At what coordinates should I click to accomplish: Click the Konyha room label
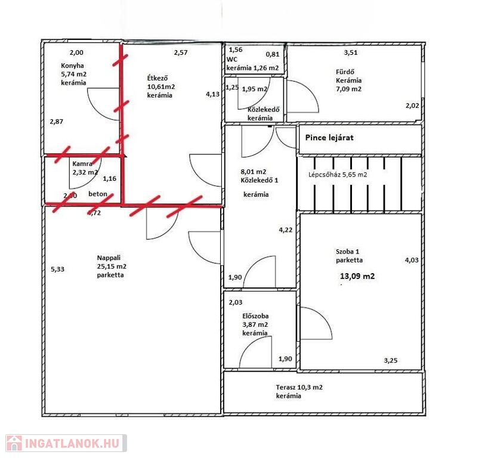click(72, 66)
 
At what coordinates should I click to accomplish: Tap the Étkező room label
click(158, 78)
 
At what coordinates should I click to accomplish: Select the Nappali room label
click(109, 258)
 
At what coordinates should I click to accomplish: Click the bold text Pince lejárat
click(329, 138)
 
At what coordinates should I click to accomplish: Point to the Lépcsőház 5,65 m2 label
click(338, 175)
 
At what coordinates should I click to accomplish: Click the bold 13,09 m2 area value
click(357, 276)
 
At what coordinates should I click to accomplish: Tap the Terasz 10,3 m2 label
click(300, 388)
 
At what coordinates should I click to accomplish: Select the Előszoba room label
click(255, 316)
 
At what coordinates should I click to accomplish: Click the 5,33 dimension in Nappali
click(58, 270)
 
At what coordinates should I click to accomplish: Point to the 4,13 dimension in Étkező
click(212, 94)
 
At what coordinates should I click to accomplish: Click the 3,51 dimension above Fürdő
click(351, 52)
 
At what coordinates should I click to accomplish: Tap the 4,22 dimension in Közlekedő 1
click(285, 230)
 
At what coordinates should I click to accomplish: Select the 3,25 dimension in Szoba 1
click(391, 361)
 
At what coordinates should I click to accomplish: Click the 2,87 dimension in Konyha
click(57, 122)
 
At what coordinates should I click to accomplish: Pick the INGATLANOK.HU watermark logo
click(66, 443)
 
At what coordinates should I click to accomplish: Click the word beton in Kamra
click(98, 194)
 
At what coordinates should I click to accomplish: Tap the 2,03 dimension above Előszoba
click(235, 302)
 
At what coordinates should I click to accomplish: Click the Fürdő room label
click(345, 72)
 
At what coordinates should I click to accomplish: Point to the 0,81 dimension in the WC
click(273, 54)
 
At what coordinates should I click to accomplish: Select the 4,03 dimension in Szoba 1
click(412, 260)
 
